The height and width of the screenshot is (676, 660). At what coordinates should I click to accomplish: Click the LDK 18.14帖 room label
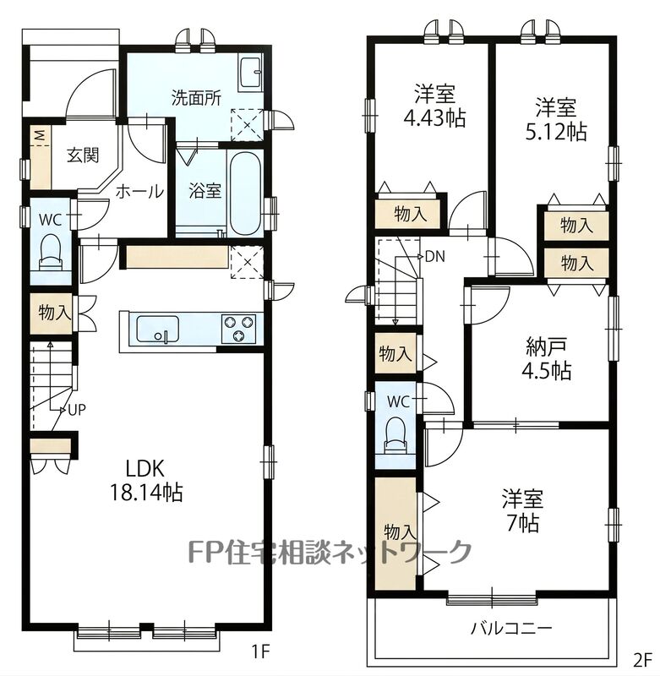pyautogui.click(x=146, y=479)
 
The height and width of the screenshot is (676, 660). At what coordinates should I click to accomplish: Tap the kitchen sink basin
pyautogui.click(x=158, y=330)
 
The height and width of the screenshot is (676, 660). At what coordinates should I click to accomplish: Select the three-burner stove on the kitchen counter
pyautogui.click(x=238, y=329)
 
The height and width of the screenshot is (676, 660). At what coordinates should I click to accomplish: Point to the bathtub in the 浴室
pyautogui.click(x=245, y=193)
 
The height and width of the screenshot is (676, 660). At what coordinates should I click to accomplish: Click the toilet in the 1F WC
pyautogui.click(x=51, y=252)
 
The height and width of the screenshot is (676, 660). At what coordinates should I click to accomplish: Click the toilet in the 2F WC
pyautogui.click(x=395, y=436)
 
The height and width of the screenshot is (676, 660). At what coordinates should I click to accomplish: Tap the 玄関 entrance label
pyautogui.click(x=83, y=155)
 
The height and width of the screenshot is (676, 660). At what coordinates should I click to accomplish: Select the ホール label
pyautogui.click(x=139, y=191)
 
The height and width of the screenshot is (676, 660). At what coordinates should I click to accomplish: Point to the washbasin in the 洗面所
pyautogui.click(x=250, y=73)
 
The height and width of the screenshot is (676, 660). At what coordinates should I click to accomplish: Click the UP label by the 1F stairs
pyautogui.click(x=77, y=410)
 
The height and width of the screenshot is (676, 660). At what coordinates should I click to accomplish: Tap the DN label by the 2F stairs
pyautogui.click(x=434, y=257)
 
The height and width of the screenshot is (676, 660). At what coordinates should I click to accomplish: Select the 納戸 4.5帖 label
pyautogui.click(x=547, y=357)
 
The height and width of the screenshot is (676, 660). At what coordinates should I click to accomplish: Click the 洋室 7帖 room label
pyautogui.click(x=522, y=510)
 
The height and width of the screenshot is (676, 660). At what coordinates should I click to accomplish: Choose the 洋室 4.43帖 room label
pyautogui.click(x=434, y=106)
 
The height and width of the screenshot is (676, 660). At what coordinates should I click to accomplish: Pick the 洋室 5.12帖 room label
pyautogui.click(x=556, y=119)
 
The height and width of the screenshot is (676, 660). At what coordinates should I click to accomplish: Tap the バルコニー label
pyautogui.click(x=510, y=628)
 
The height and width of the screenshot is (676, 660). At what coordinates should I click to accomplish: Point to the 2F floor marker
pyautogui.click(x=642, y=660)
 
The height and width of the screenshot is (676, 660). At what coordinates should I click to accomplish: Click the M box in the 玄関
pyautogui.click(x=40, y=136)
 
